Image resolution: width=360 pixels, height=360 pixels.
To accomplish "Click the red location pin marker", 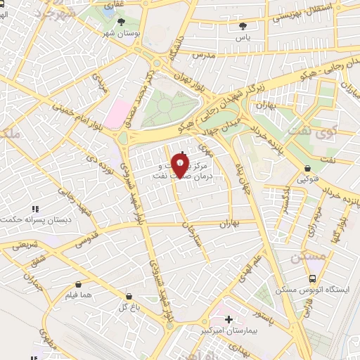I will tap(181, 166).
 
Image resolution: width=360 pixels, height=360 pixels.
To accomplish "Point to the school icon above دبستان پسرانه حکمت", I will tap(35, 208).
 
